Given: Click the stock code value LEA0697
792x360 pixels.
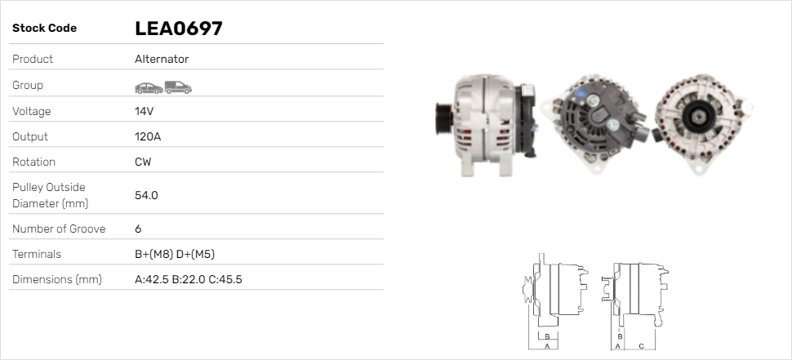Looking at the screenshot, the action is point(178,29).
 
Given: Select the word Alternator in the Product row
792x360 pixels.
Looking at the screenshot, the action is point(162,59).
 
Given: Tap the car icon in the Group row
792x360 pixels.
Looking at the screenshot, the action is point(149,88).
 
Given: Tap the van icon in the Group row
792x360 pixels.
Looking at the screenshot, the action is point(178,87).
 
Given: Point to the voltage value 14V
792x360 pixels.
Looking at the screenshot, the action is point(144,111).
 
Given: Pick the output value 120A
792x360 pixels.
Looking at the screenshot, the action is point(148,136).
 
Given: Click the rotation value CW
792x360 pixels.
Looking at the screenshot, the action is point(143,162).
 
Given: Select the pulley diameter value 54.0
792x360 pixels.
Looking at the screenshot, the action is point(146,195).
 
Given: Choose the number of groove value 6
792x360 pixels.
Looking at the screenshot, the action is point(139,229).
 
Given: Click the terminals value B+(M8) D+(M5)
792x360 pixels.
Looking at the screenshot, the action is point(175,255).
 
